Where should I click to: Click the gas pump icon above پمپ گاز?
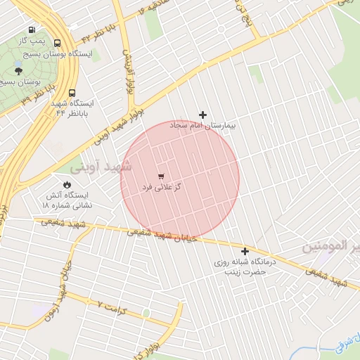point(32,30)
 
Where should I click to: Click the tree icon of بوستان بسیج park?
point(18,70)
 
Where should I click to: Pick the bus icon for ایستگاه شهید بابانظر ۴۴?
point(72,93)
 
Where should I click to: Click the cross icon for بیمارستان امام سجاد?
point(203,114)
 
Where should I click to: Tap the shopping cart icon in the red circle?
point(162,175)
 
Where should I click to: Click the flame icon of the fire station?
point(66,185)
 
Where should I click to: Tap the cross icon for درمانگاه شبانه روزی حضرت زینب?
point(245,251)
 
